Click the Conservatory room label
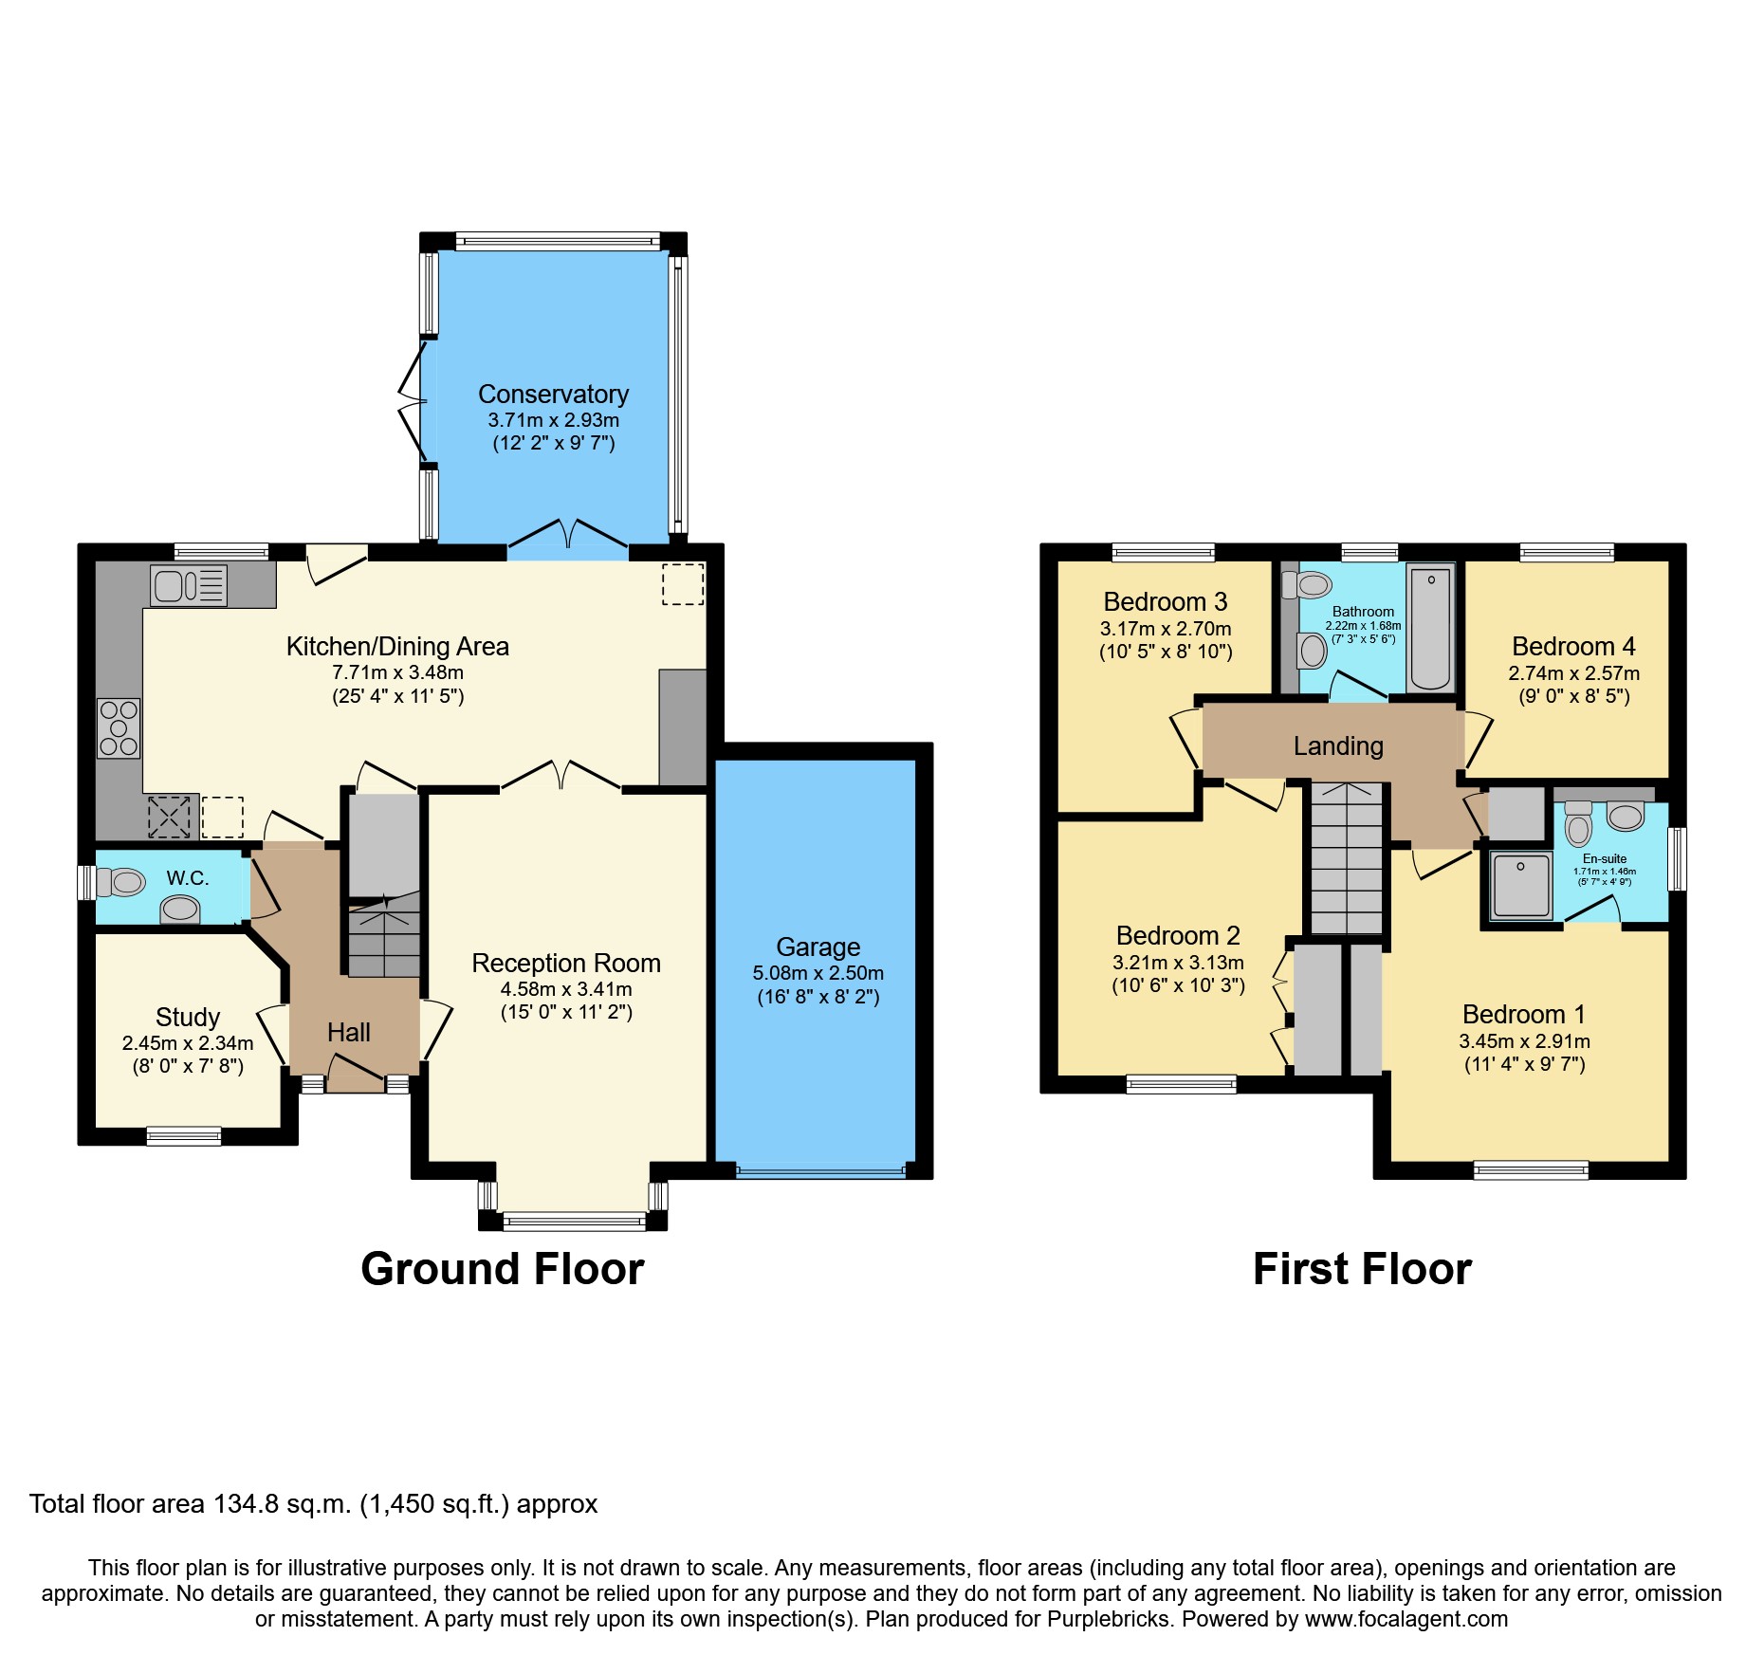click(x=553, y=394)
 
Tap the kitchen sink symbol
click(x=188, y=585)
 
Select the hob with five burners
click(x=119, y=728)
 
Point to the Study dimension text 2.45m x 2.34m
click(x=188, y=1043)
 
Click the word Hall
click(x=348, y=1033)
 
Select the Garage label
click(x=818, y=947)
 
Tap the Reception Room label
click(x=566, y=963)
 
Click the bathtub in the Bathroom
click(x=1430, y=628)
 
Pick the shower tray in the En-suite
click(x=1520, y=886)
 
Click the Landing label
click(x=1338, y=746)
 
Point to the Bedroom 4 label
click(x=1573, y=647)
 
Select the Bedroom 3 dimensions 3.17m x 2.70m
click(x=1166, y=629)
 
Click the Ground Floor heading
click(x=503, y=1269)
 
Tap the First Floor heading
click(x=1362, y=1269)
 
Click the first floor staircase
click(x=1346, y=858)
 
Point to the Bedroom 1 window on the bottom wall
click(x=1531, y=1170)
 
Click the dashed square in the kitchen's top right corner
click(x=683, y=584)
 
